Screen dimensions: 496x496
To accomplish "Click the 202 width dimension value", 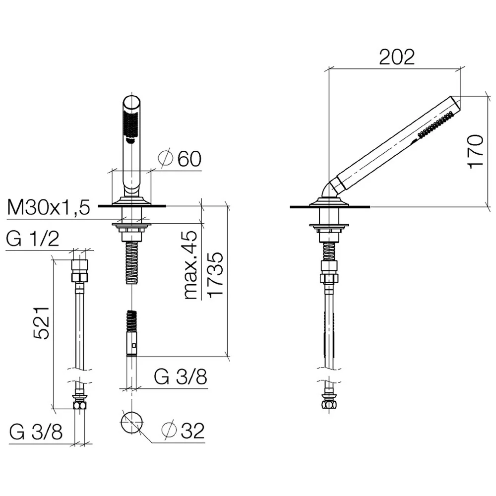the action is coord(397,57).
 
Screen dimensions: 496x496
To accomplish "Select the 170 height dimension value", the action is coord(476,151).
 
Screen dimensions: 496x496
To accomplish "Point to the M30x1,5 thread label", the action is coord(49,207).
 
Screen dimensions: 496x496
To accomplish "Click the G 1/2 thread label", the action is coord(33,239).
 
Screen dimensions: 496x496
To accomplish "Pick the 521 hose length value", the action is coord(42,323).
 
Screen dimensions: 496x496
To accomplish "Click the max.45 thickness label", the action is coord(191,265).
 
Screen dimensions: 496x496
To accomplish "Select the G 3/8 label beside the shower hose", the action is coord(181,376).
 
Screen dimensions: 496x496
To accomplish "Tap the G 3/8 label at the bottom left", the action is coord(36,432).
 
